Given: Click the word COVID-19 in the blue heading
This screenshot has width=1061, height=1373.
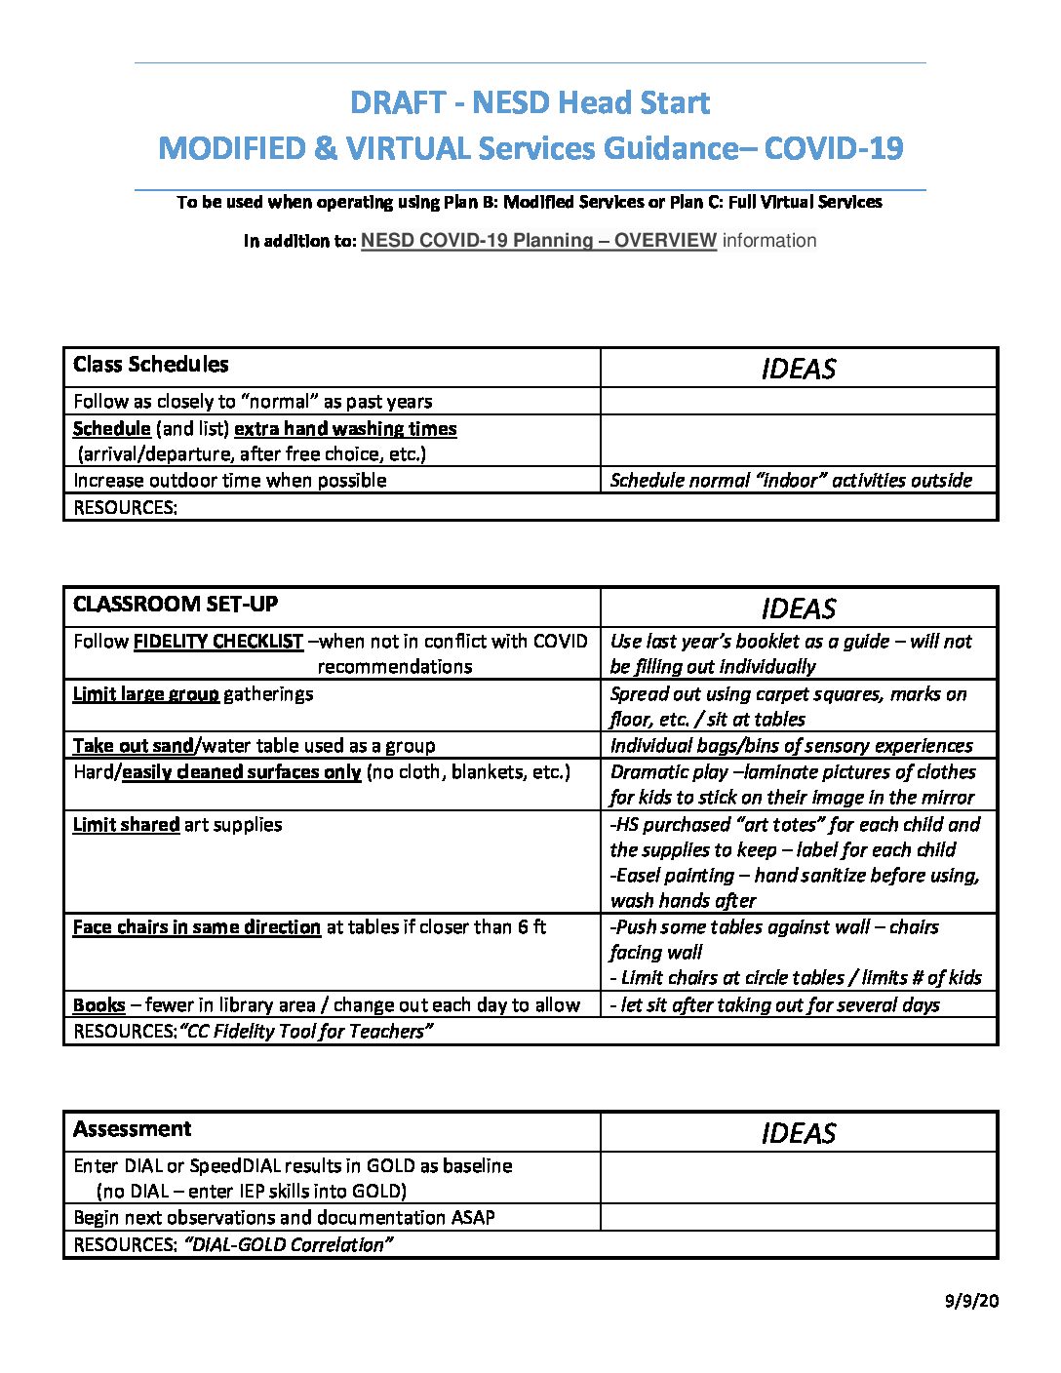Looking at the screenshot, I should click(833, 148).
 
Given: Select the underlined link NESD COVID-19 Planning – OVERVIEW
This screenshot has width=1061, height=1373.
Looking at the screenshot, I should click(538, 241).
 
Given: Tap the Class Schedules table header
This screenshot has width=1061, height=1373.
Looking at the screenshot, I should click(151, 365).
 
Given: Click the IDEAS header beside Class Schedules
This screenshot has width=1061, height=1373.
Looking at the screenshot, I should click(798, 369).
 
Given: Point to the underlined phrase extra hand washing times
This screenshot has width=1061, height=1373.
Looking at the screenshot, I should click(345, 429).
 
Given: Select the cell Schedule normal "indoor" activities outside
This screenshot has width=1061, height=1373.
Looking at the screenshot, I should click(791, 480).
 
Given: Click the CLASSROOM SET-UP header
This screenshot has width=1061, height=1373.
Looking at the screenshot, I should click(176, 605).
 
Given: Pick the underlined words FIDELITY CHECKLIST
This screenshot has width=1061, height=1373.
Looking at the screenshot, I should click(218, 642).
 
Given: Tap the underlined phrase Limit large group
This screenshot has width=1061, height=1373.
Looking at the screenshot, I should click(145, 694).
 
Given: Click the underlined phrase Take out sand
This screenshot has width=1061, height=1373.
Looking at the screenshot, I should click(134, 746).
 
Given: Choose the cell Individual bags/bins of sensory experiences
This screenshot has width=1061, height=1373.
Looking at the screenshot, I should click(791, 746).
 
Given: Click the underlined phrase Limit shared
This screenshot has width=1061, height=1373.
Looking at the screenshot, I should click(126, 825).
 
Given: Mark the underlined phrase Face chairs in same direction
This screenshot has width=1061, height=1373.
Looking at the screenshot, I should click(196, 927).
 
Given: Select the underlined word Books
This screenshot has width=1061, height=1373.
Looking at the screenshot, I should click(98, 1005).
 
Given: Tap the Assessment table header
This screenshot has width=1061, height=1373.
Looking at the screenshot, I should click(133, 1129).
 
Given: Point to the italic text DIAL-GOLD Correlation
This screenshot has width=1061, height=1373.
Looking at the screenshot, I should click(288, 1245).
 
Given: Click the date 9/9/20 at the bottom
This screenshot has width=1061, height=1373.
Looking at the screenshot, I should click(971, 1302).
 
